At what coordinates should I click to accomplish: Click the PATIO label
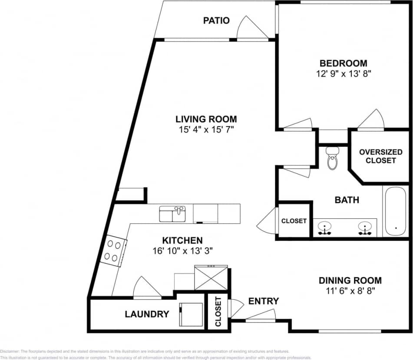216,20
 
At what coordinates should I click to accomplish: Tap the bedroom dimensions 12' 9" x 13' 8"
344,74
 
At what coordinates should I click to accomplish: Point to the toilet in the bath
333,159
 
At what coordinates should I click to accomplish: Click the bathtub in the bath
395,211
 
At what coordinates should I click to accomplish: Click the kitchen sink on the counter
172,214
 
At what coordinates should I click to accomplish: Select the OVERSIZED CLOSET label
380,156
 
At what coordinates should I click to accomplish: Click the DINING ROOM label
350,280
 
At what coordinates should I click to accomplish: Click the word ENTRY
263,301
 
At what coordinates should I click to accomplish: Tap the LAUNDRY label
146,314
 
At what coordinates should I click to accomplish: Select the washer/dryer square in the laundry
191,314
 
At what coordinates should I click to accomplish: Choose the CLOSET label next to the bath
294,221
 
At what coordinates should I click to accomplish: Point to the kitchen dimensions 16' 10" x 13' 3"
182,251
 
